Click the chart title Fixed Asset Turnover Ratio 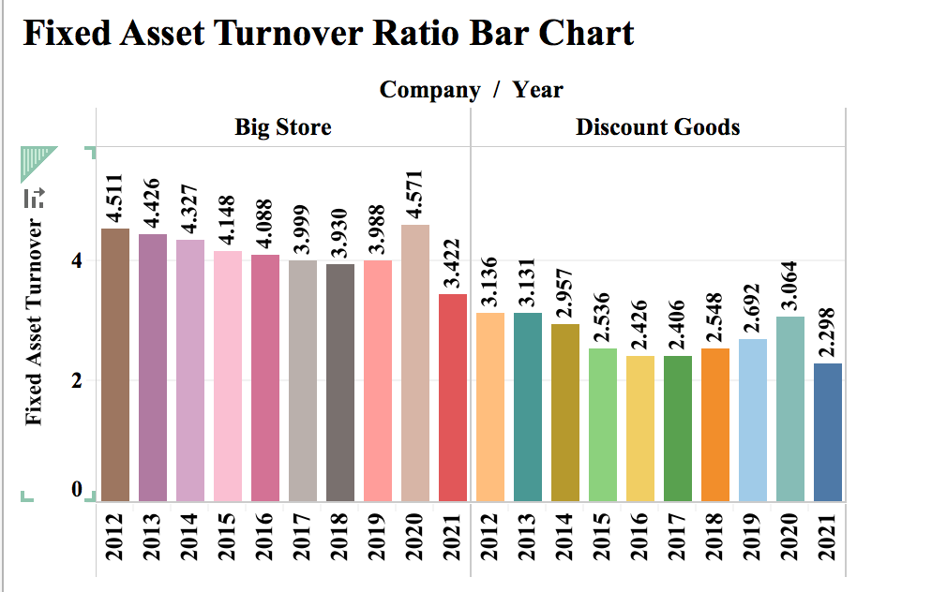pyautogui.click(x=328, y=34)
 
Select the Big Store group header pyautogui.click(x=282, y=126)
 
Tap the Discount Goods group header pyautogui.click(x=657, y=126)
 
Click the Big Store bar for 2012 pyautogui.click(x=115, y=364)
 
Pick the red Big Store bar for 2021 pyautogui.click(x=453, y=397)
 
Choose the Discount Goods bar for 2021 pyautogui.click(x=828, y=432)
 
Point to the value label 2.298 pyautogui.click(x=828, y=333)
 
